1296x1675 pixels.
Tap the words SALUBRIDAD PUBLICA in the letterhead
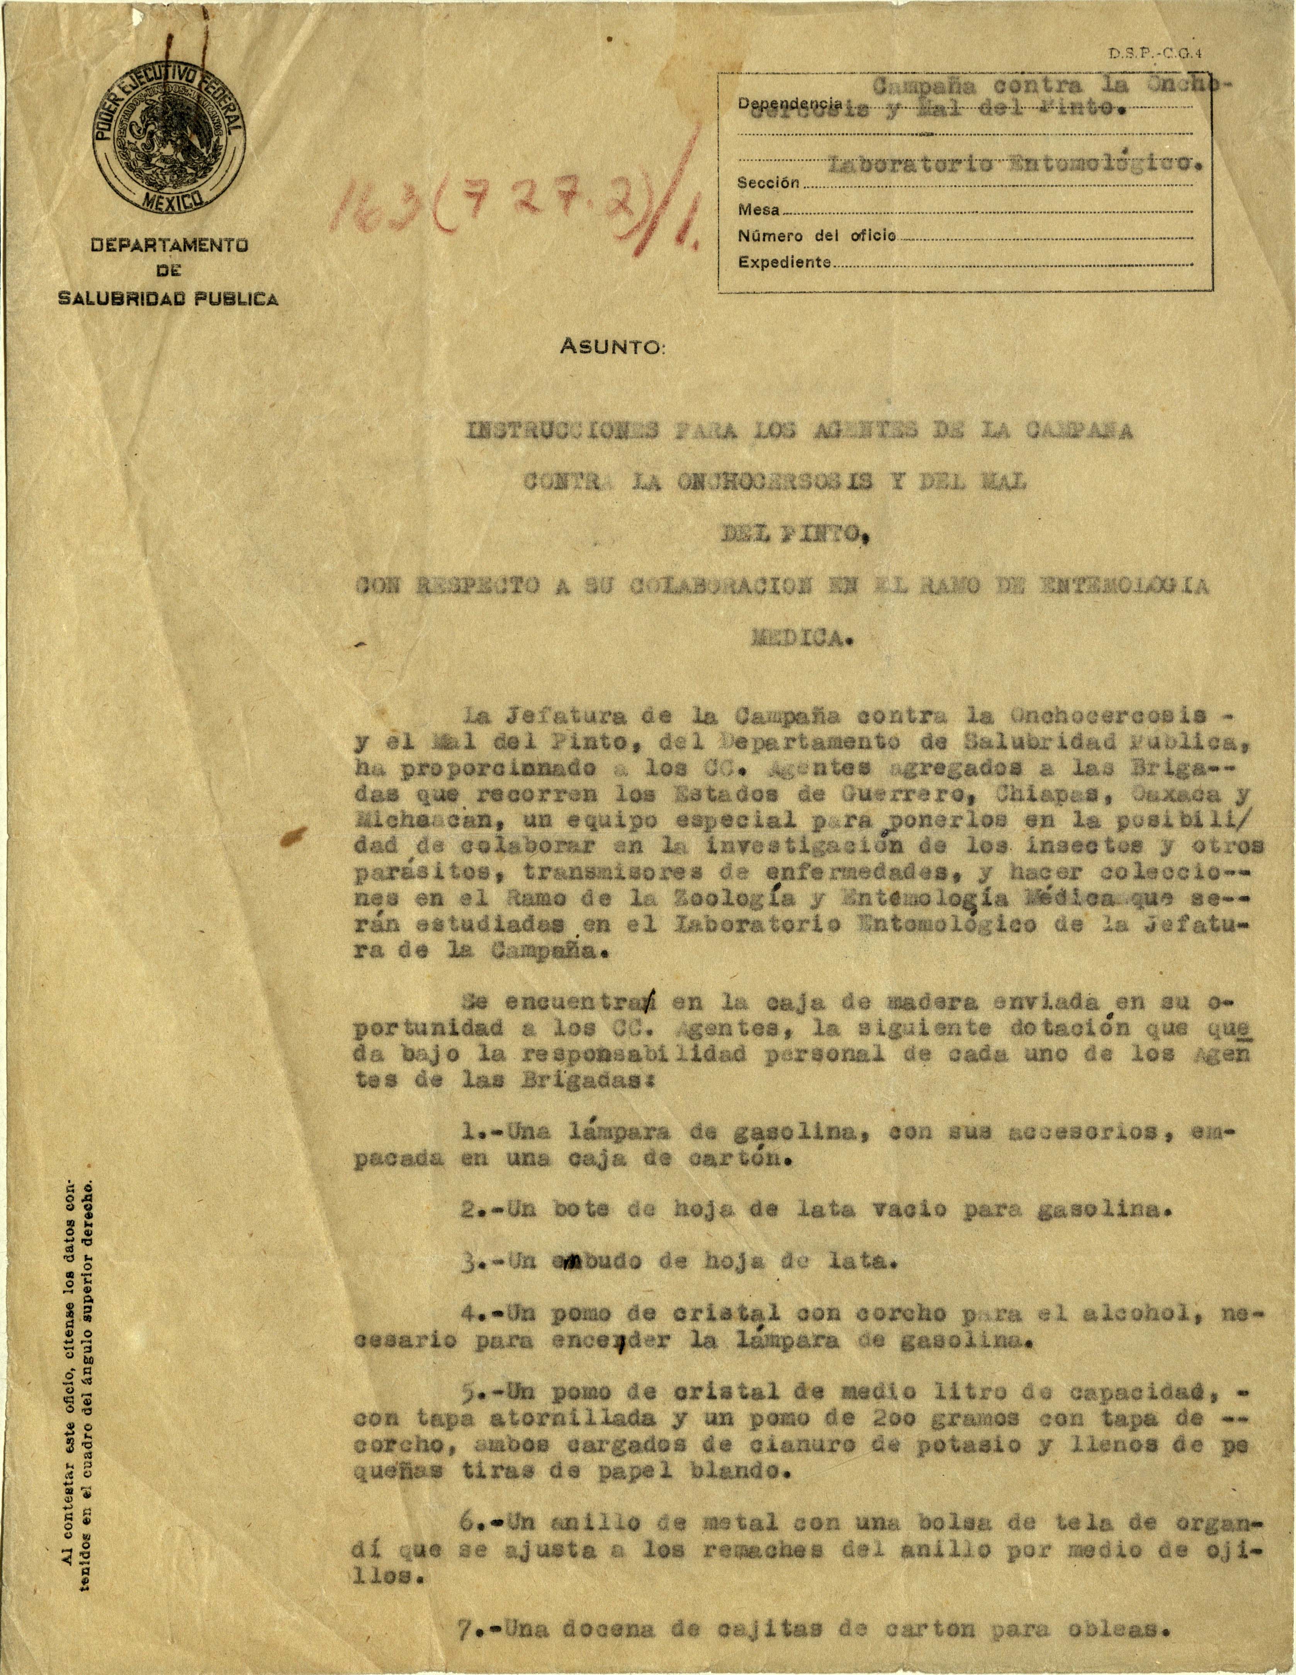[169, 299]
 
